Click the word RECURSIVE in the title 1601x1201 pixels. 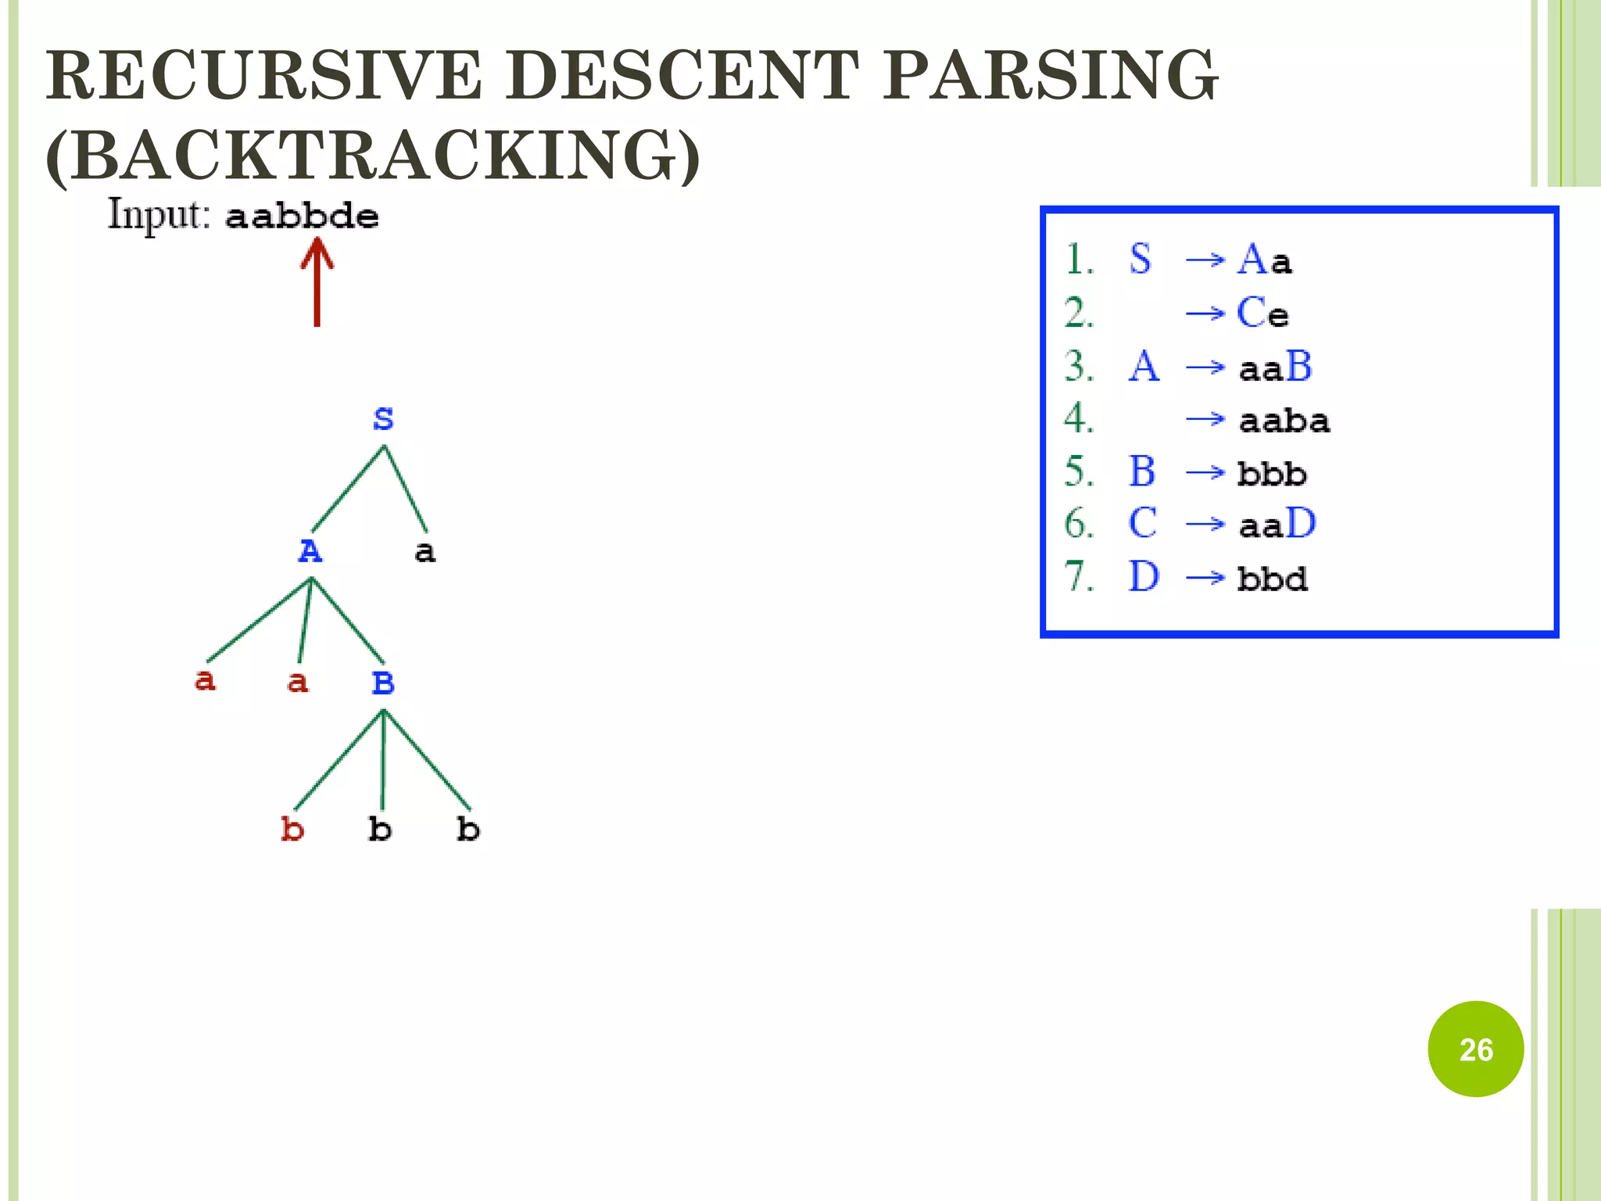coord(263,75)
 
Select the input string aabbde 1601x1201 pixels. coord(302,216)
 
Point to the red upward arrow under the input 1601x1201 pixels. coord(317,281)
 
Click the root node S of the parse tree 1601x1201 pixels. coord(383,419)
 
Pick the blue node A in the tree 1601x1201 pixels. coord(310,551)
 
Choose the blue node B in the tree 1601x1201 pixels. coord(383,683)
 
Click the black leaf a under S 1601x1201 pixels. coord(424,552)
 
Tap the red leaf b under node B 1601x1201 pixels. coord(292,829)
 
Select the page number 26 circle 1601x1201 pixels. coord(1475,1049)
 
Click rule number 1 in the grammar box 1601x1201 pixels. coord(1079,260)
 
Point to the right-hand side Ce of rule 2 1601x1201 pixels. coord(1263,314)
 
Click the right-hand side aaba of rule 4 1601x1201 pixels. coord(1284,421)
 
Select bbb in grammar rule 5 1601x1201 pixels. coord(1272,474)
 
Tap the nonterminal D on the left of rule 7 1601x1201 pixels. coord(1143,577)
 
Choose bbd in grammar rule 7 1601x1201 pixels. coord(1272,579)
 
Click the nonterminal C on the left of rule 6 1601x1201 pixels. coord(1142,523)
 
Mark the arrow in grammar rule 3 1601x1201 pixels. coord(1205,367)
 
